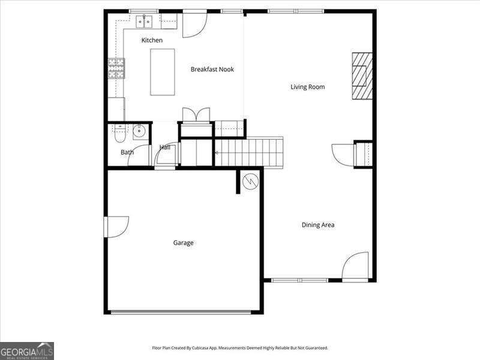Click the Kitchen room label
coord(152,40)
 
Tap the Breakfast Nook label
coord(212,70)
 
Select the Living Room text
coord(308,87)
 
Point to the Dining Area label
coord(318,225)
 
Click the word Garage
coord(184,243)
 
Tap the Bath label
coord(127,152)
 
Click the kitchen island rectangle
coord(163,72)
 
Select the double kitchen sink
coord(144,22)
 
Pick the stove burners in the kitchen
coord(116,68)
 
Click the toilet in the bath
coord(119,134)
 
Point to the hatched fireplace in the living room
coord(362,76)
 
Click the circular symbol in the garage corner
coord(250,182)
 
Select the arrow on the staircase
coord(217,152)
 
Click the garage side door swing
coord(116,227)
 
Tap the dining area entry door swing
coord(355,265)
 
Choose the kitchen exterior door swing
coord(195,25)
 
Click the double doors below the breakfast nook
coord(196,115)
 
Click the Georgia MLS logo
coord(27,351)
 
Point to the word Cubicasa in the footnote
coord(200,348)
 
